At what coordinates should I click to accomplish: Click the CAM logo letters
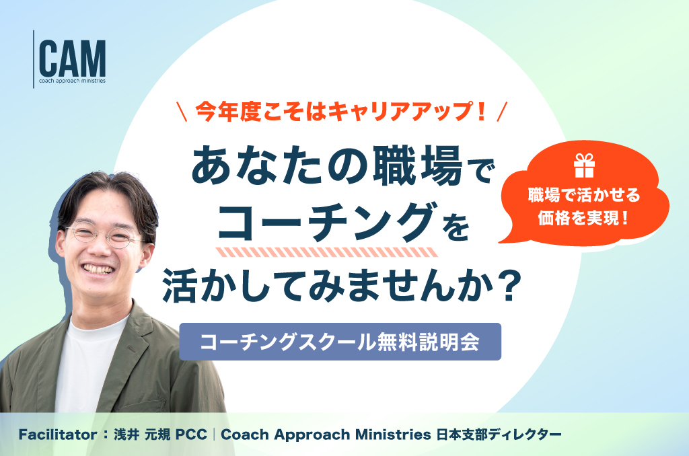pos(73,59)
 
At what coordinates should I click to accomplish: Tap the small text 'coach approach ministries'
pos(73,81)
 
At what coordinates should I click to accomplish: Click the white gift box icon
pos(584,165)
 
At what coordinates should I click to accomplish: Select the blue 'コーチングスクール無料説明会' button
pos(340,342)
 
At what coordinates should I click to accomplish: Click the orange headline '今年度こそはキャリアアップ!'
pos(341,111)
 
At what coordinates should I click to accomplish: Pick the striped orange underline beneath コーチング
pos(327,252)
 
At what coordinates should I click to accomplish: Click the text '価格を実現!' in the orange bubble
pos(583,218)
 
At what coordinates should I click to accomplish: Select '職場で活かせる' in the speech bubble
pos(584,195)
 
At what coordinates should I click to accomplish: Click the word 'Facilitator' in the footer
pos(58,434)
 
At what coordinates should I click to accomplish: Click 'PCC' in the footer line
pos(191,434)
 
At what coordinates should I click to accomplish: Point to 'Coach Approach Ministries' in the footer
pos(326,434)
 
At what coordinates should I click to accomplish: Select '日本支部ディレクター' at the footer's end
pos(499,434)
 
